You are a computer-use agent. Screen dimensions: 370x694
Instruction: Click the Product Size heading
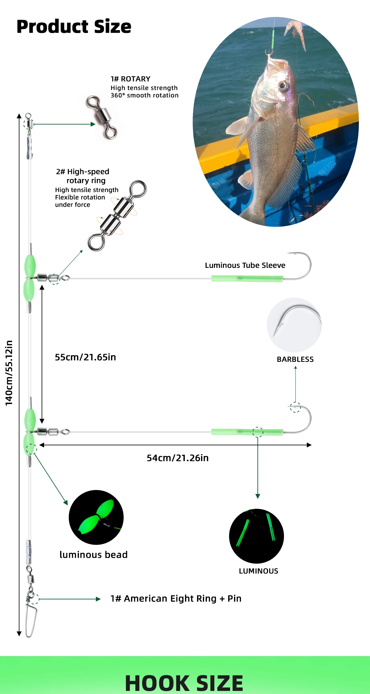(74, 27)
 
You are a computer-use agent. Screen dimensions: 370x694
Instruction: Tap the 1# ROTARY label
(130, 79)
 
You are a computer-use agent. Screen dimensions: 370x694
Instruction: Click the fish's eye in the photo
(283, 85)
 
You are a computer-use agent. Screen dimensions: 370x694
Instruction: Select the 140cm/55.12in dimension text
(9, 373)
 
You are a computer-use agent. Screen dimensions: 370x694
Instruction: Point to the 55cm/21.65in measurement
(85, 357)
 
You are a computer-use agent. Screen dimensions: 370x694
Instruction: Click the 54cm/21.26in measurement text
(178, 458)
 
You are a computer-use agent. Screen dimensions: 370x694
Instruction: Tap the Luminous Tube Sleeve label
(245, 265)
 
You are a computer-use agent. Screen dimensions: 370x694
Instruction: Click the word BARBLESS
(295, 359)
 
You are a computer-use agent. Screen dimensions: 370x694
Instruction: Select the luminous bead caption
(93, 555)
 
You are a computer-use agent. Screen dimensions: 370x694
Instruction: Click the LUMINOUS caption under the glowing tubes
(258, 571)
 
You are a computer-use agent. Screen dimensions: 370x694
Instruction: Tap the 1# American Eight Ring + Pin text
(176, 598)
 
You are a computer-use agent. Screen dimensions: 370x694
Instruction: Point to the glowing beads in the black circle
(96, 517)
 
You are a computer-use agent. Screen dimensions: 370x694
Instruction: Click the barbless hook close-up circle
(294, 325)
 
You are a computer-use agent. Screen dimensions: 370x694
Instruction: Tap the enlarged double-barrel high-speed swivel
(117, 215)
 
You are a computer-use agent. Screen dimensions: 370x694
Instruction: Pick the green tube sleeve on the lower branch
(247, 432)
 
